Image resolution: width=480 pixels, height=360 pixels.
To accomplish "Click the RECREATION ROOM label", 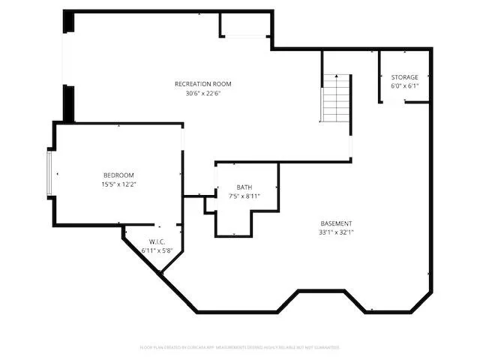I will pyautogui.click(x=202, y=83).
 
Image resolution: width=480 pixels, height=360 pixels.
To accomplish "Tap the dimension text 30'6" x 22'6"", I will pyautogui.click(x=202, y=93).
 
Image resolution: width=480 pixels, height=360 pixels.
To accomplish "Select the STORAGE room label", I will pyautogui.click(x=405, y=77).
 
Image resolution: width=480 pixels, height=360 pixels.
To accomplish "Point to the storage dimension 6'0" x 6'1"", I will pyautogui.click(x=405, y=86).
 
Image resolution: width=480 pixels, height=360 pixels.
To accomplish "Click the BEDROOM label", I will pyautogui.click(x=118, y=175).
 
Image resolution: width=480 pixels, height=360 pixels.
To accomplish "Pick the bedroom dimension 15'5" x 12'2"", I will pyautogui.click(x=118, y=184).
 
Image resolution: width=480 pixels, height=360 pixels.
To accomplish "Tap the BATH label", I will pyautogui.click(x=244, y=187).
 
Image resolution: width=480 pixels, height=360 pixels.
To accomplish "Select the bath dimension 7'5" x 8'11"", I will pyautogui.click(x=244, y=196).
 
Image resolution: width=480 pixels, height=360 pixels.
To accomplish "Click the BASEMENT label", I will pyautogui.click(x=336, y=223).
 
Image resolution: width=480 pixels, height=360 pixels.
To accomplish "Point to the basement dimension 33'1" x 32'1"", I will pyautogui.click(x=336, y=233).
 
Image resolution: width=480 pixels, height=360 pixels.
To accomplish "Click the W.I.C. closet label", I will pyautogui.click(x=157, y=241).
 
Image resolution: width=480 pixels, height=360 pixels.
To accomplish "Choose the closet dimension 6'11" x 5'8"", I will pyautogui.click(x=157, y=250).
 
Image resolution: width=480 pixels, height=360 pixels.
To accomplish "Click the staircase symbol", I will pyautogui.click(x=337, y=98).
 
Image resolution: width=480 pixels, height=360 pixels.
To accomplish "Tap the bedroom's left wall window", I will pyautogui.click(x=49, y=173).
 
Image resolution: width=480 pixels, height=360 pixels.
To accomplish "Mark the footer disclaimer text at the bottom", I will pyautogui.click(x=240, y=347).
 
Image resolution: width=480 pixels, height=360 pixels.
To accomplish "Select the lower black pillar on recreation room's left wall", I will pyautogui.click(x=68, y=103).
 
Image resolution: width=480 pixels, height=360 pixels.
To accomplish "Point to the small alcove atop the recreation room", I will pyautogui.click(x=244, y=25).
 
